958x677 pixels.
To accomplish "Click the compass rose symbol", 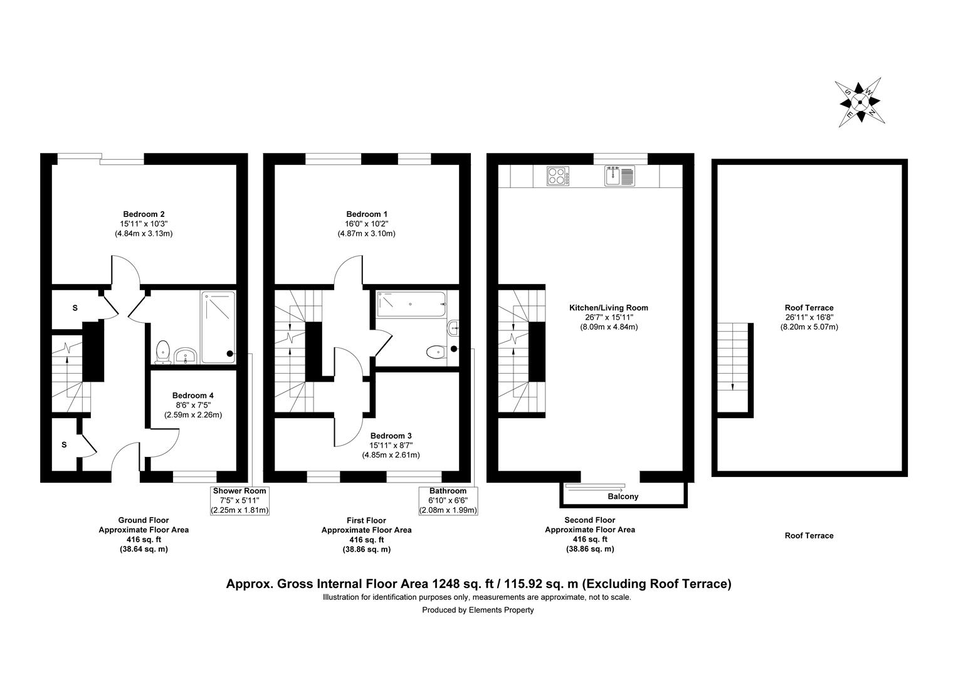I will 860,103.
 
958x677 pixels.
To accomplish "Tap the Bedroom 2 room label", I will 144,214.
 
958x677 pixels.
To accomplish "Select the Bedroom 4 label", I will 192,396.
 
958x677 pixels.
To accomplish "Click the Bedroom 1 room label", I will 367,214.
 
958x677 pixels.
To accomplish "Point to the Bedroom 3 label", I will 391,436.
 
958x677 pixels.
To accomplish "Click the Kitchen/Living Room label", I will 608,308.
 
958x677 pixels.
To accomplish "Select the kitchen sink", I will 620,176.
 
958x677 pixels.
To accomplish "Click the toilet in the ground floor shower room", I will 164,351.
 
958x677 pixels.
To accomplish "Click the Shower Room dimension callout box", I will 240,500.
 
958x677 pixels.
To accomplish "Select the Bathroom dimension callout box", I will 448,500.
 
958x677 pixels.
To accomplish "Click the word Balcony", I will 623,496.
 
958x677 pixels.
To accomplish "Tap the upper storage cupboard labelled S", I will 75,308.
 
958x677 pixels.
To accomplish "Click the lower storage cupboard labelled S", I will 64,444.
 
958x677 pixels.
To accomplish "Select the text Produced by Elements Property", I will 478,610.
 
